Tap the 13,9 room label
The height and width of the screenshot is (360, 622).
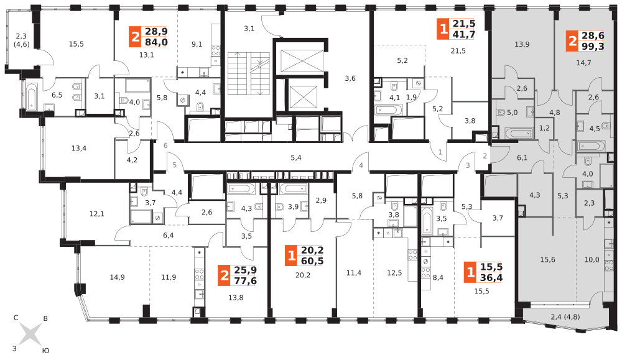pyautogui.click(x=522, y=44)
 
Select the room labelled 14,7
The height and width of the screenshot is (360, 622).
pyautogui.click(x=583, y=63)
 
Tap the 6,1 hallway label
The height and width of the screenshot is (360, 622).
pyautogui.click(x=522, y=158)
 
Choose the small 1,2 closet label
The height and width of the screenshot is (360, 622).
pyautogui.click(x=544, y=128)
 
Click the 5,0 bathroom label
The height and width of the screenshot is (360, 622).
pyautogui.click(x=512, y=113)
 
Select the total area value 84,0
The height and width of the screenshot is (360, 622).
pyautogui.click(x=155, y=42)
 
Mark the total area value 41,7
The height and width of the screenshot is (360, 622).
pyautogui.click(x=463, y=35)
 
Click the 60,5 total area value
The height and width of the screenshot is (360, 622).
pyautogui.click(x=312, y=261)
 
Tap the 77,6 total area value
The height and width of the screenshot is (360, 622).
pyautogui.click(x=244, y=281)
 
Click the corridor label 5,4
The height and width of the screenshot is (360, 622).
pyautogui.click(x=296, y=158)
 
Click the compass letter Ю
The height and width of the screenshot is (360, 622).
pyautogui.click(x=45, y=351)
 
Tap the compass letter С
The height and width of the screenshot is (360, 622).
pyautogui.click(x=16, y=318)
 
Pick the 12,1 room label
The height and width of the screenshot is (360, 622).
pyautogui.click(x=96, y=214)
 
